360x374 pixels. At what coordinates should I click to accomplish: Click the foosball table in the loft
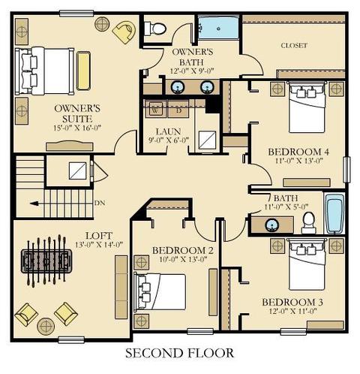coord(46,261)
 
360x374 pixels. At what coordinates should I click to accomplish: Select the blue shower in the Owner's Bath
coord(219,28)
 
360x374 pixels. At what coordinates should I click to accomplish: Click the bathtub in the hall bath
coord(334,213)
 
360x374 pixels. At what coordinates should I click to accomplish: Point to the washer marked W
coord(156,110)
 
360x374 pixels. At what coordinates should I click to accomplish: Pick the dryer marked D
coord(178,110)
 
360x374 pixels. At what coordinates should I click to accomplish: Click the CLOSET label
coord(294,46)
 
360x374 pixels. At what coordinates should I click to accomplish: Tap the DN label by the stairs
coord(100,203)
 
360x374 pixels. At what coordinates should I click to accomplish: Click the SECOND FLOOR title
coord(179,353)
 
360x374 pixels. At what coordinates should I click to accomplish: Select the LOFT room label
coord(99,236)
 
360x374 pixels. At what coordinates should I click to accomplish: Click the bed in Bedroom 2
coord(160,292)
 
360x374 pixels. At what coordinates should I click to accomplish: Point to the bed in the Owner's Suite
coord(44,71)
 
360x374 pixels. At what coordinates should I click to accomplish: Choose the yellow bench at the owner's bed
coord(83,71)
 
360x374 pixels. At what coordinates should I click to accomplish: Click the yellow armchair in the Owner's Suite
coord(124,32)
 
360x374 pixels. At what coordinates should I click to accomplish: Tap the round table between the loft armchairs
coord(46,327)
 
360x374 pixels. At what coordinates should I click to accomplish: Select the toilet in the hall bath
coord(309,222)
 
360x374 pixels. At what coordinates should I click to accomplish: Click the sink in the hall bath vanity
coord(272,225)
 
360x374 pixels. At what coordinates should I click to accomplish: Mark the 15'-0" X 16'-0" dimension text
coord(77,128)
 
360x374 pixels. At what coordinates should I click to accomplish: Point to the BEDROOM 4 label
coord(298,152)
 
